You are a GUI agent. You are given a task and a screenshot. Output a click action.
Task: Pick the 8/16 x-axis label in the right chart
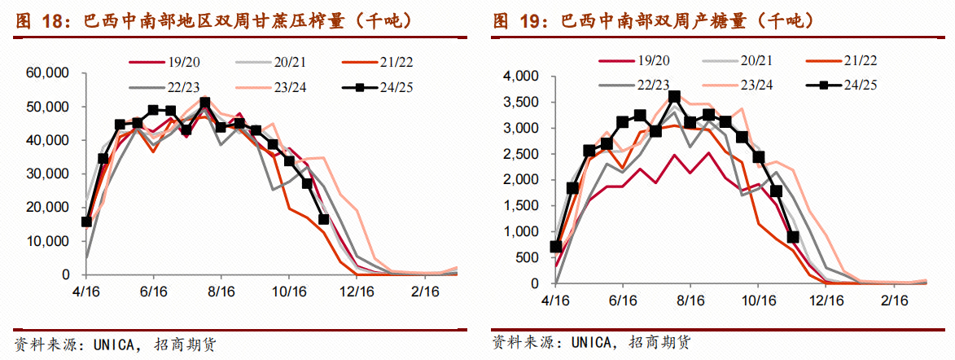(690, 300)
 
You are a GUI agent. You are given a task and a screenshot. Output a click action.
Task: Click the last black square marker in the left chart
(323, 219)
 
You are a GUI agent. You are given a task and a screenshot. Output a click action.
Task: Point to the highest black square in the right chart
(673, 97)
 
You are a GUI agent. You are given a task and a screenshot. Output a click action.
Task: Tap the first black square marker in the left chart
(86, 222)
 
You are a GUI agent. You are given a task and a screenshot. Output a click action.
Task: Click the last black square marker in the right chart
(792, 237)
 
